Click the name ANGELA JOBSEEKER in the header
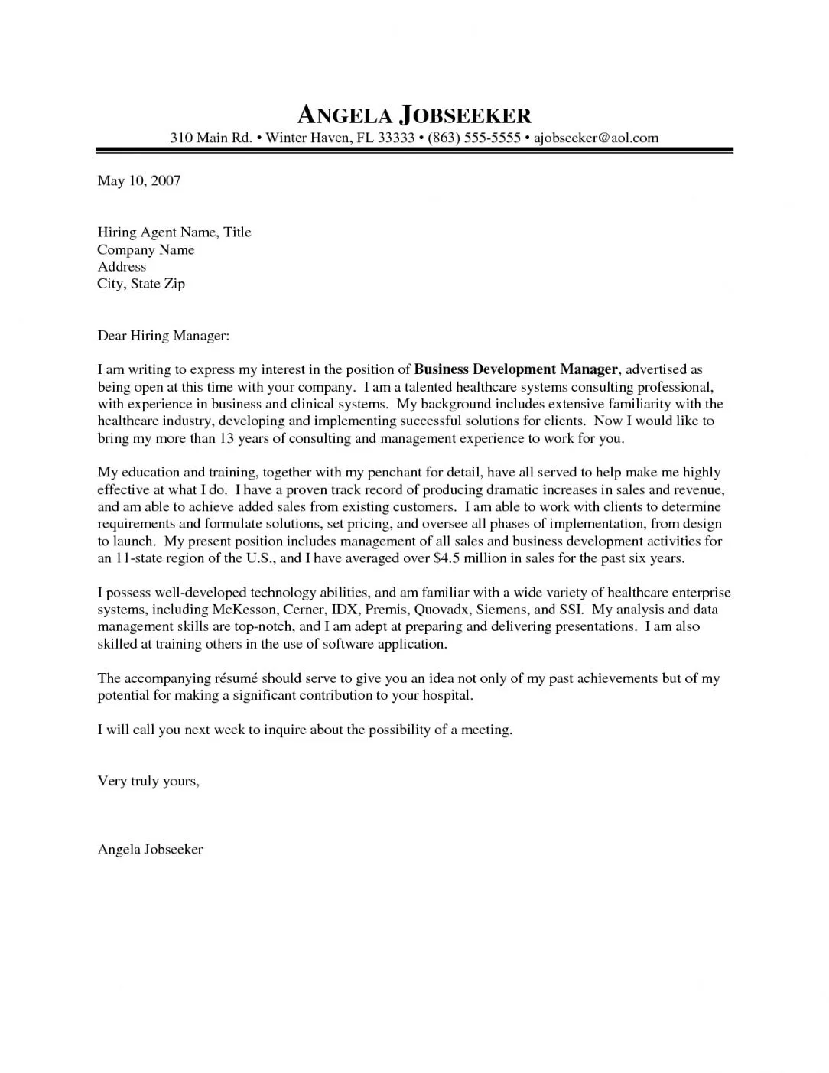click(x=413, y=115)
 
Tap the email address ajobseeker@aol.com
click(x=595, y=138)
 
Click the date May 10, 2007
click(x=138, y=181)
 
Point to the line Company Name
click(x=145, y=250)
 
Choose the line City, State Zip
click(x=141, y=284)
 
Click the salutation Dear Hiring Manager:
click(x=163, y=336)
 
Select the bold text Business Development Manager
click(x=515, y=370)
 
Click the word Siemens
click(x=503, y=610)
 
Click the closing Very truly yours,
click(x=148, y=782)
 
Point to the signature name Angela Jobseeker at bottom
click(x=150, y=850)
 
